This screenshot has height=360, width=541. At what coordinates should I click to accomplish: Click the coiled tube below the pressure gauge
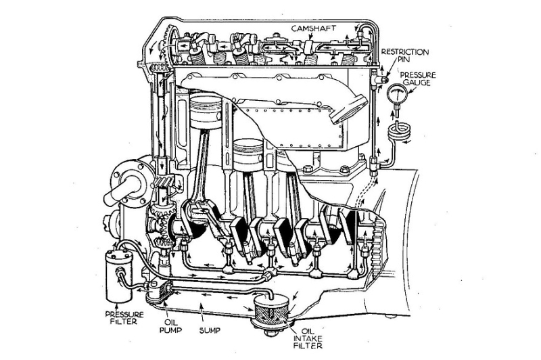click(401, 130)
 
